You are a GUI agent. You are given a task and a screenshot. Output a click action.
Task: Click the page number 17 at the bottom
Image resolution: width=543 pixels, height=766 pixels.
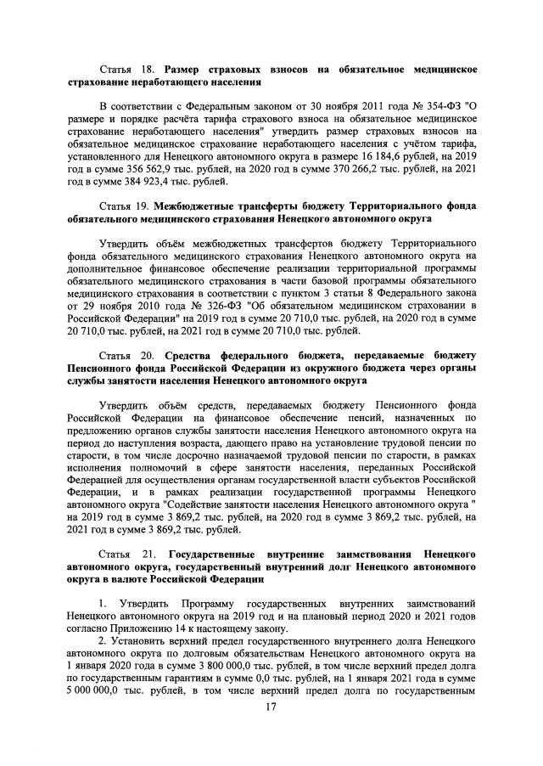pos(271,709)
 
